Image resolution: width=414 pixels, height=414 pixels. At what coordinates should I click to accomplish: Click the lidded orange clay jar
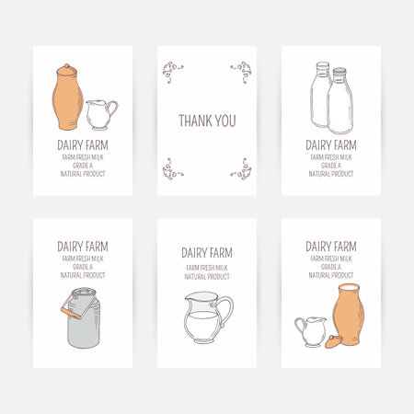pyautogui.click(x=66, y=98)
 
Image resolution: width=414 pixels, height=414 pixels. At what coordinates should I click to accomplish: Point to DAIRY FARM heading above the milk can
pyautogui.click(x=83, y=247)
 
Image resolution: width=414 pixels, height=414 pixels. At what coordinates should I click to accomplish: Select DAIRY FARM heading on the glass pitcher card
pyautogui.click(x=206, y=253)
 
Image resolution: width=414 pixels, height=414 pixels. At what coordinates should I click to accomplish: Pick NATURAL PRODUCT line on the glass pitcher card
pyautogui.click(x=206, y=276)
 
